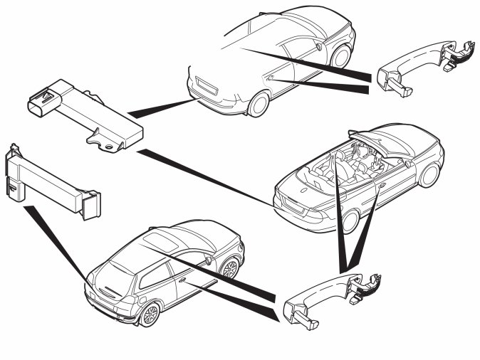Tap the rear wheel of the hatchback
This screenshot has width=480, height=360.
coord(150,313)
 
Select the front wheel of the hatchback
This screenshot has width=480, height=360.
coord(229,268)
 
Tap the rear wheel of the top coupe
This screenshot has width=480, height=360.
coord(258,104)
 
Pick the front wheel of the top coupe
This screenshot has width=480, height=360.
coord(343,55)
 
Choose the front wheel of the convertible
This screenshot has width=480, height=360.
coord(429,174)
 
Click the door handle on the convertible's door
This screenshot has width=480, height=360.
coord(382,186)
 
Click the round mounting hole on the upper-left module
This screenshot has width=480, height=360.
coord(110,146)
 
